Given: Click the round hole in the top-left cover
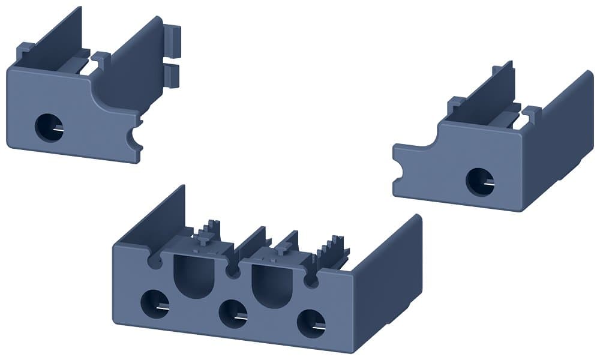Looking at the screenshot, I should [x=49, y=127].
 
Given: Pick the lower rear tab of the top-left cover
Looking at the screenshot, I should [x=172, y=76].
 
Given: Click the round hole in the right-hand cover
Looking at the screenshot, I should [x=479, y=181].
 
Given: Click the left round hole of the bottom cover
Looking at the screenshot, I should [x=155, y=304].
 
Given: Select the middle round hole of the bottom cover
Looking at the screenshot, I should [x=233, y=313].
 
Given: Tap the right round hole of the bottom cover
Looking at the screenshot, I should [x=311, y=323].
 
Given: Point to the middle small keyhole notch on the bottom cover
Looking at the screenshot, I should [x=232, y=272].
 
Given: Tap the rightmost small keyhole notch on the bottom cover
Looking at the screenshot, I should [x=311, y=280].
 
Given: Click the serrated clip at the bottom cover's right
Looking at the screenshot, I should [x=333, y=252].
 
